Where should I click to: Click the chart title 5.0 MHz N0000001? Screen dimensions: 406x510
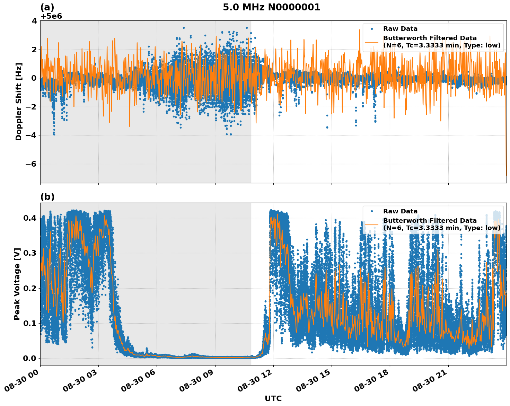point(271,7)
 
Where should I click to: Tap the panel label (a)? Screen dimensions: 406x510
point(47,7)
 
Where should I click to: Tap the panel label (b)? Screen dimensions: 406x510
point(47,197)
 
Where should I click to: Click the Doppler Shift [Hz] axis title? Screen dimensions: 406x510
point(19,101)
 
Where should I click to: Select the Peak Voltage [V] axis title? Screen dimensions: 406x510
point(17,284)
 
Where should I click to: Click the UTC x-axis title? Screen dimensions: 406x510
point(273,398)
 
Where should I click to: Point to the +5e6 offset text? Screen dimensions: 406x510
point(51,16)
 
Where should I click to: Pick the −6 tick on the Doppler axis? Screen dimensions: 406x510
point(32,164)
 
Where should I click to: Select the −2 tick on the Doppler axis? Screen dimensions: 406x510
point(32,107)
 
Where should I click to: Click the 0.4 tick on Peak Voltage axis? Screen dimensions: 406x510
point(30,218)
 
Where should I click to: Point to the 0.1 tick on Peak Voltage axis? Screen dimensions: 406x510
point(30,323)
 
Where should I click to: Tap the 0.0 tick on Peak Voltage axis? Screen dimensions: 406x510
point(30,358)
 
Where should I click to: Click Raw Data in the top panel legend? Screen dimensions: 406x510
point(400,29)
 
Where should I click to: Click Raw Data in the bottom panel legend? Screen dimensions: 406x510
point(400,211)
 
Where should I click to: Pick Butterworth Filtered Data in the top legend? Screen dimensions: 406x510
point(430,38)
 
